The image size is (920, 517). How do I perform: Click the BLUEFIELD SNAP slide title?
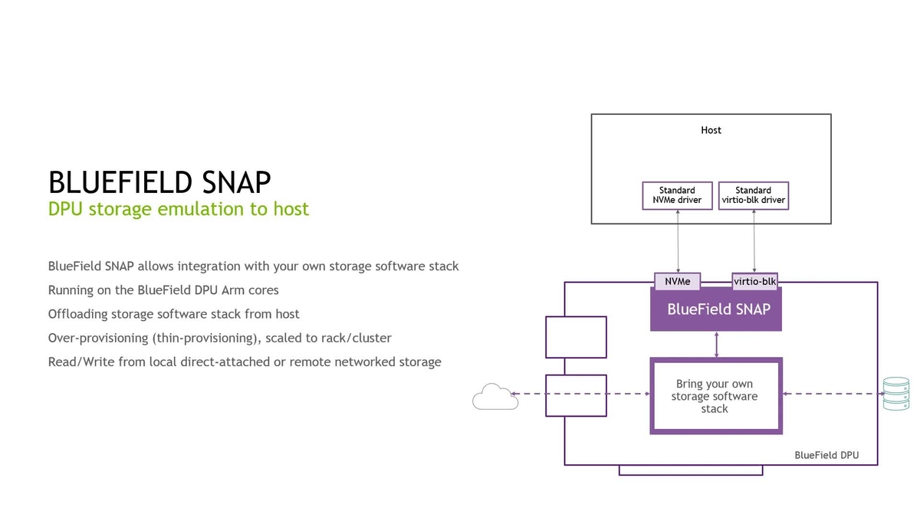(x=159, y=182)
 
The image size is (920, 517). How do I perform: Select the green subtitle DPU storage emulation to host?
(x=178, y=209)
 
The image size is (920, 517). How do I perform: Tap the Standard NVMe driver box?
(x=677, y=195)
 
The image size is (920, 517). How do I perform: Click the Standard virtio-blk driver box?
(x=753, y=195)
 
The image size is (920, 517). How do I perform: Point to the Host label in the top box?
(x=711, y=130)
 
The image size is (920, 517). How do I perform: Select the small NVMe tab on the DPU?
(x=677, y=281)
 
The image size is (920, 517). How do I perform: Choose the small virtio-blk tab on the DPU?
(x=755, y=281)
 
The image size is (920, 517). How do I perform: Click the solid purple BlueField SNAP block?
(x=715, y=310)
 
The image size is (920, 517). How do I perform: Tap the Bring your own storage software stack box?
(x=715, y=396)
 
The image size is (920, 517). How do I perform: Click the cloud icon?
(x=491, y=396)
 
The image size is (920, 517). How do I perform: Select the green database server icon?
(x=895, y=394)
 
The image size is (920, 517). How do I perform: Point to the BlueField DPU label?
(x=826, y=455)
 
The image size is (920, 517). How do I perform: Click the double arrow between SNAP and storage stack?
(x=715, y=344)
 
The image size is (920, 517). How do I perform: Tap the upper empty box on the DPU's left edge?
(x=576, y=337)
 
